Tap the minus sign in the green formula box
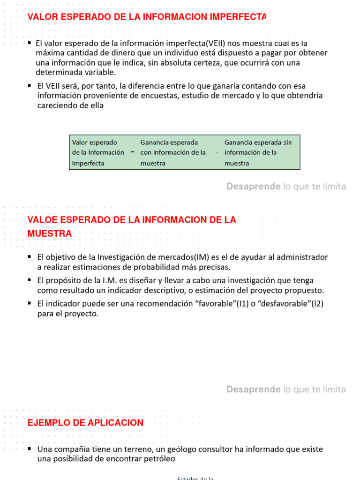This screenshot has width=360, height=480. [217, 152]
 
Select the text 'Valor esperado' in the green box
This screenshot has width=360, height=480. [94, 142]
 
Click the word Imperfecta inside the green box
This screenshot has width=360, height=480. [88, 164]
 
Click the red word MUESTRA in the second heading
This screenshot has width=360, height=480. [50, 233]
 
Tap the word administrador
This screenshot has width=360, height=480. [303, 257]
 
